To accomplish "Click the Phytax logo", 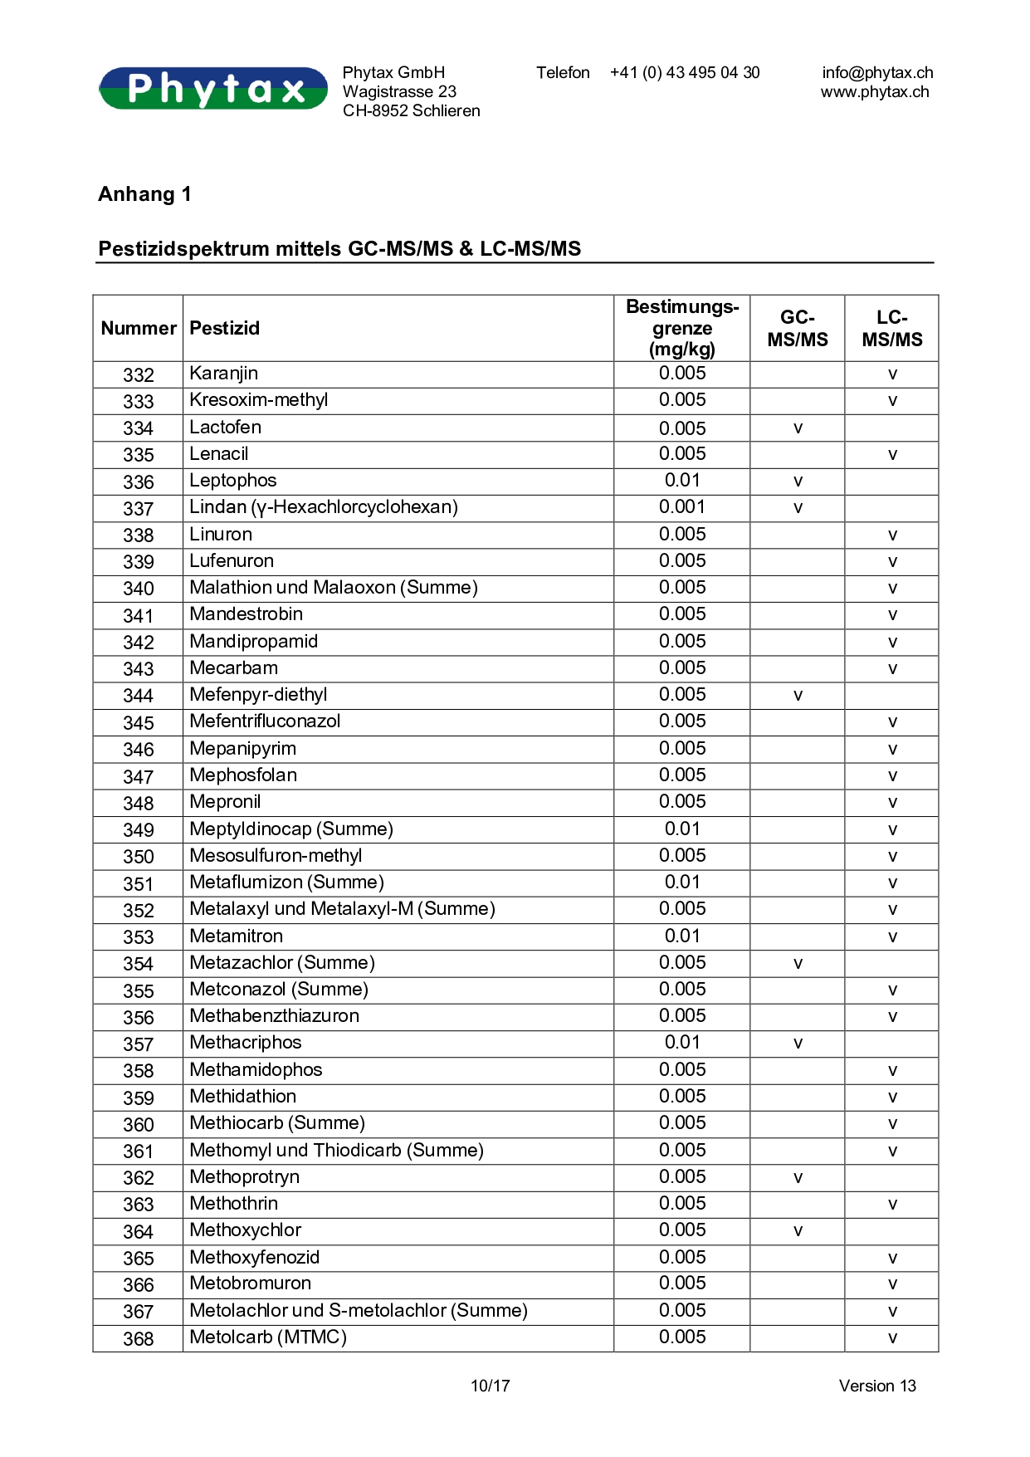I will (x=213, y=89).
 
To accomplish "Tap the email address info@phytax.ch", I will (x=877, y=73).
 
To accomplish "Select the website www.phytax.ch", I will (x=875, y=92).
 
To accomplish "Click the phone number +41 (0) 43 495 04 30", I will (x=685, y=73).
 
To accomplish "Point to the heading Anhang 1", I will (x=145, y=194).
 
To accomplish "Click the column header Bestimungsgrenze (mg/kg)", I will (x=682, y=328).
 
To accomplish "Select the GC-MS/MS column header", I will (x=798, y=329).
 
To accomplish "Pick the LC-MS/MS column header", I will (x=892, y=329).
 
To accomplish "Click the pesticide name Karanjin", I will (x=224, y=374).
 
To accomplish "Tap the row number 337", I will (x=139, y=508).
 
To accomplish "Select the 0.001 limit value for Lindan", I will (x=682, y=507).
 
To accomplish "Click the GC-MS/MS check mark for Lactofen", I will (x=798, y=428).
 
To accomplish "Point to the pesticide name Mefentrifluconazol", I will (x=265, y=721).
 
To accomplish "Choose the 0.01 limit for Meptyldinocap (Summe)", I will (x=682, y=829).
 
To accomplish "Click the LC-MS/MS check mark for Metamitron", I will (x=892, y=937).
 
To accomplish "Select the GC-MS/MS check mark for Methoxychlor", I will (x=798, y=1231).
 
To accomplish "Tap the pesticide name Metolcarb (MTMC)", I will (x=268, y=1337).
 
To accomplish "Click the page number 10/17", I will (x=491, y=1386).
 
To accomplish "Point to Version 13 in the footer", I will (x=877, y=1386).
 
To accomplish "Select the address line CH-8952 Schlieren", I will (x=412, y=111).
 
